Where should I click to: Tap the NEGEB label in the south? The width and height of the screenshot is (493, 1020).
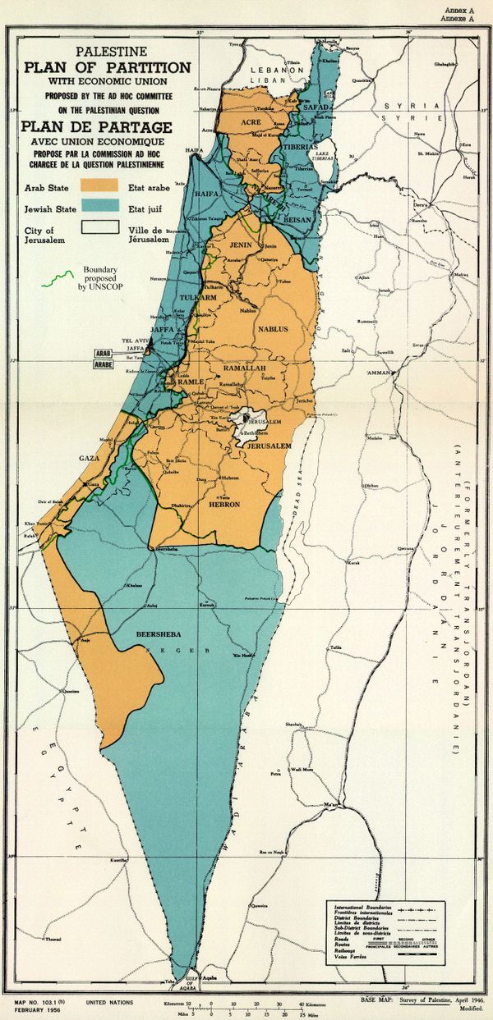[x=162, y=650]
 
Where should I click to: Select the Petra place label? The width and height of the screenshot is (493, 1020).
[x=276, y=772]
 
